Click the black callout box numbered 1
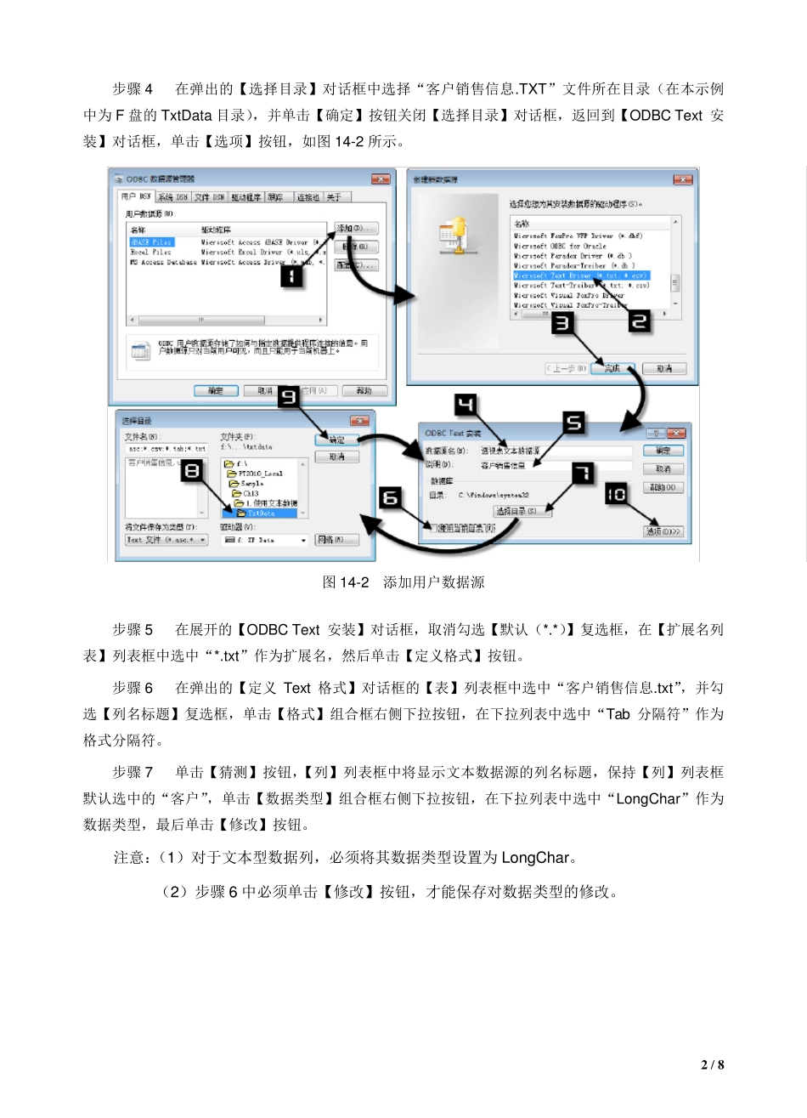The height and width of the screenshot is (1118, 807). pos(291,276)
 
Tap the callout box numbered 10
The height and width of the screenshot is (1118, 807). pos(616,494)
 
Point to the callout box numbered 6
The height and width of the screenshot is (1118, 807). pos(390,497)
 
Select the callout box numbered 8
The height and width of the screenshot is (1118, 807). pos(194,470)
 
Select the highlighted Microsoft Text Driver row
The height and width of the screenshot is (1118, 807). pos(581,275)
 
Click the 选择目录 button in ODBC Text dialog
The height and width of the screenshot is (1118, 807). pos(522,511)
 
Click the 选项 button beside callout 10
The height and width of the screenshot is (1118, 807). pos(663,531)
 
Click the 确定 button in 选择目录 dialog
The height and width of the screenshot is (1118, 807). pos(336,440)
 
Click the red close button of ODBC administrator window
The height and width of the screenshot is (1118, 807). pos(381,179)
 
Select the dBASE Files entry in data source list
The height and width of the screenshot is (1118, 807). pos(151,242)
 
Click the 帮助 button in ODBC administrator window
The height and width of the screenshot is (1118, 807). pos(364,391)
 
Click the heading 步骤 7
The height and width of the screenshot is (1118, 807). pos(133,772)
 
